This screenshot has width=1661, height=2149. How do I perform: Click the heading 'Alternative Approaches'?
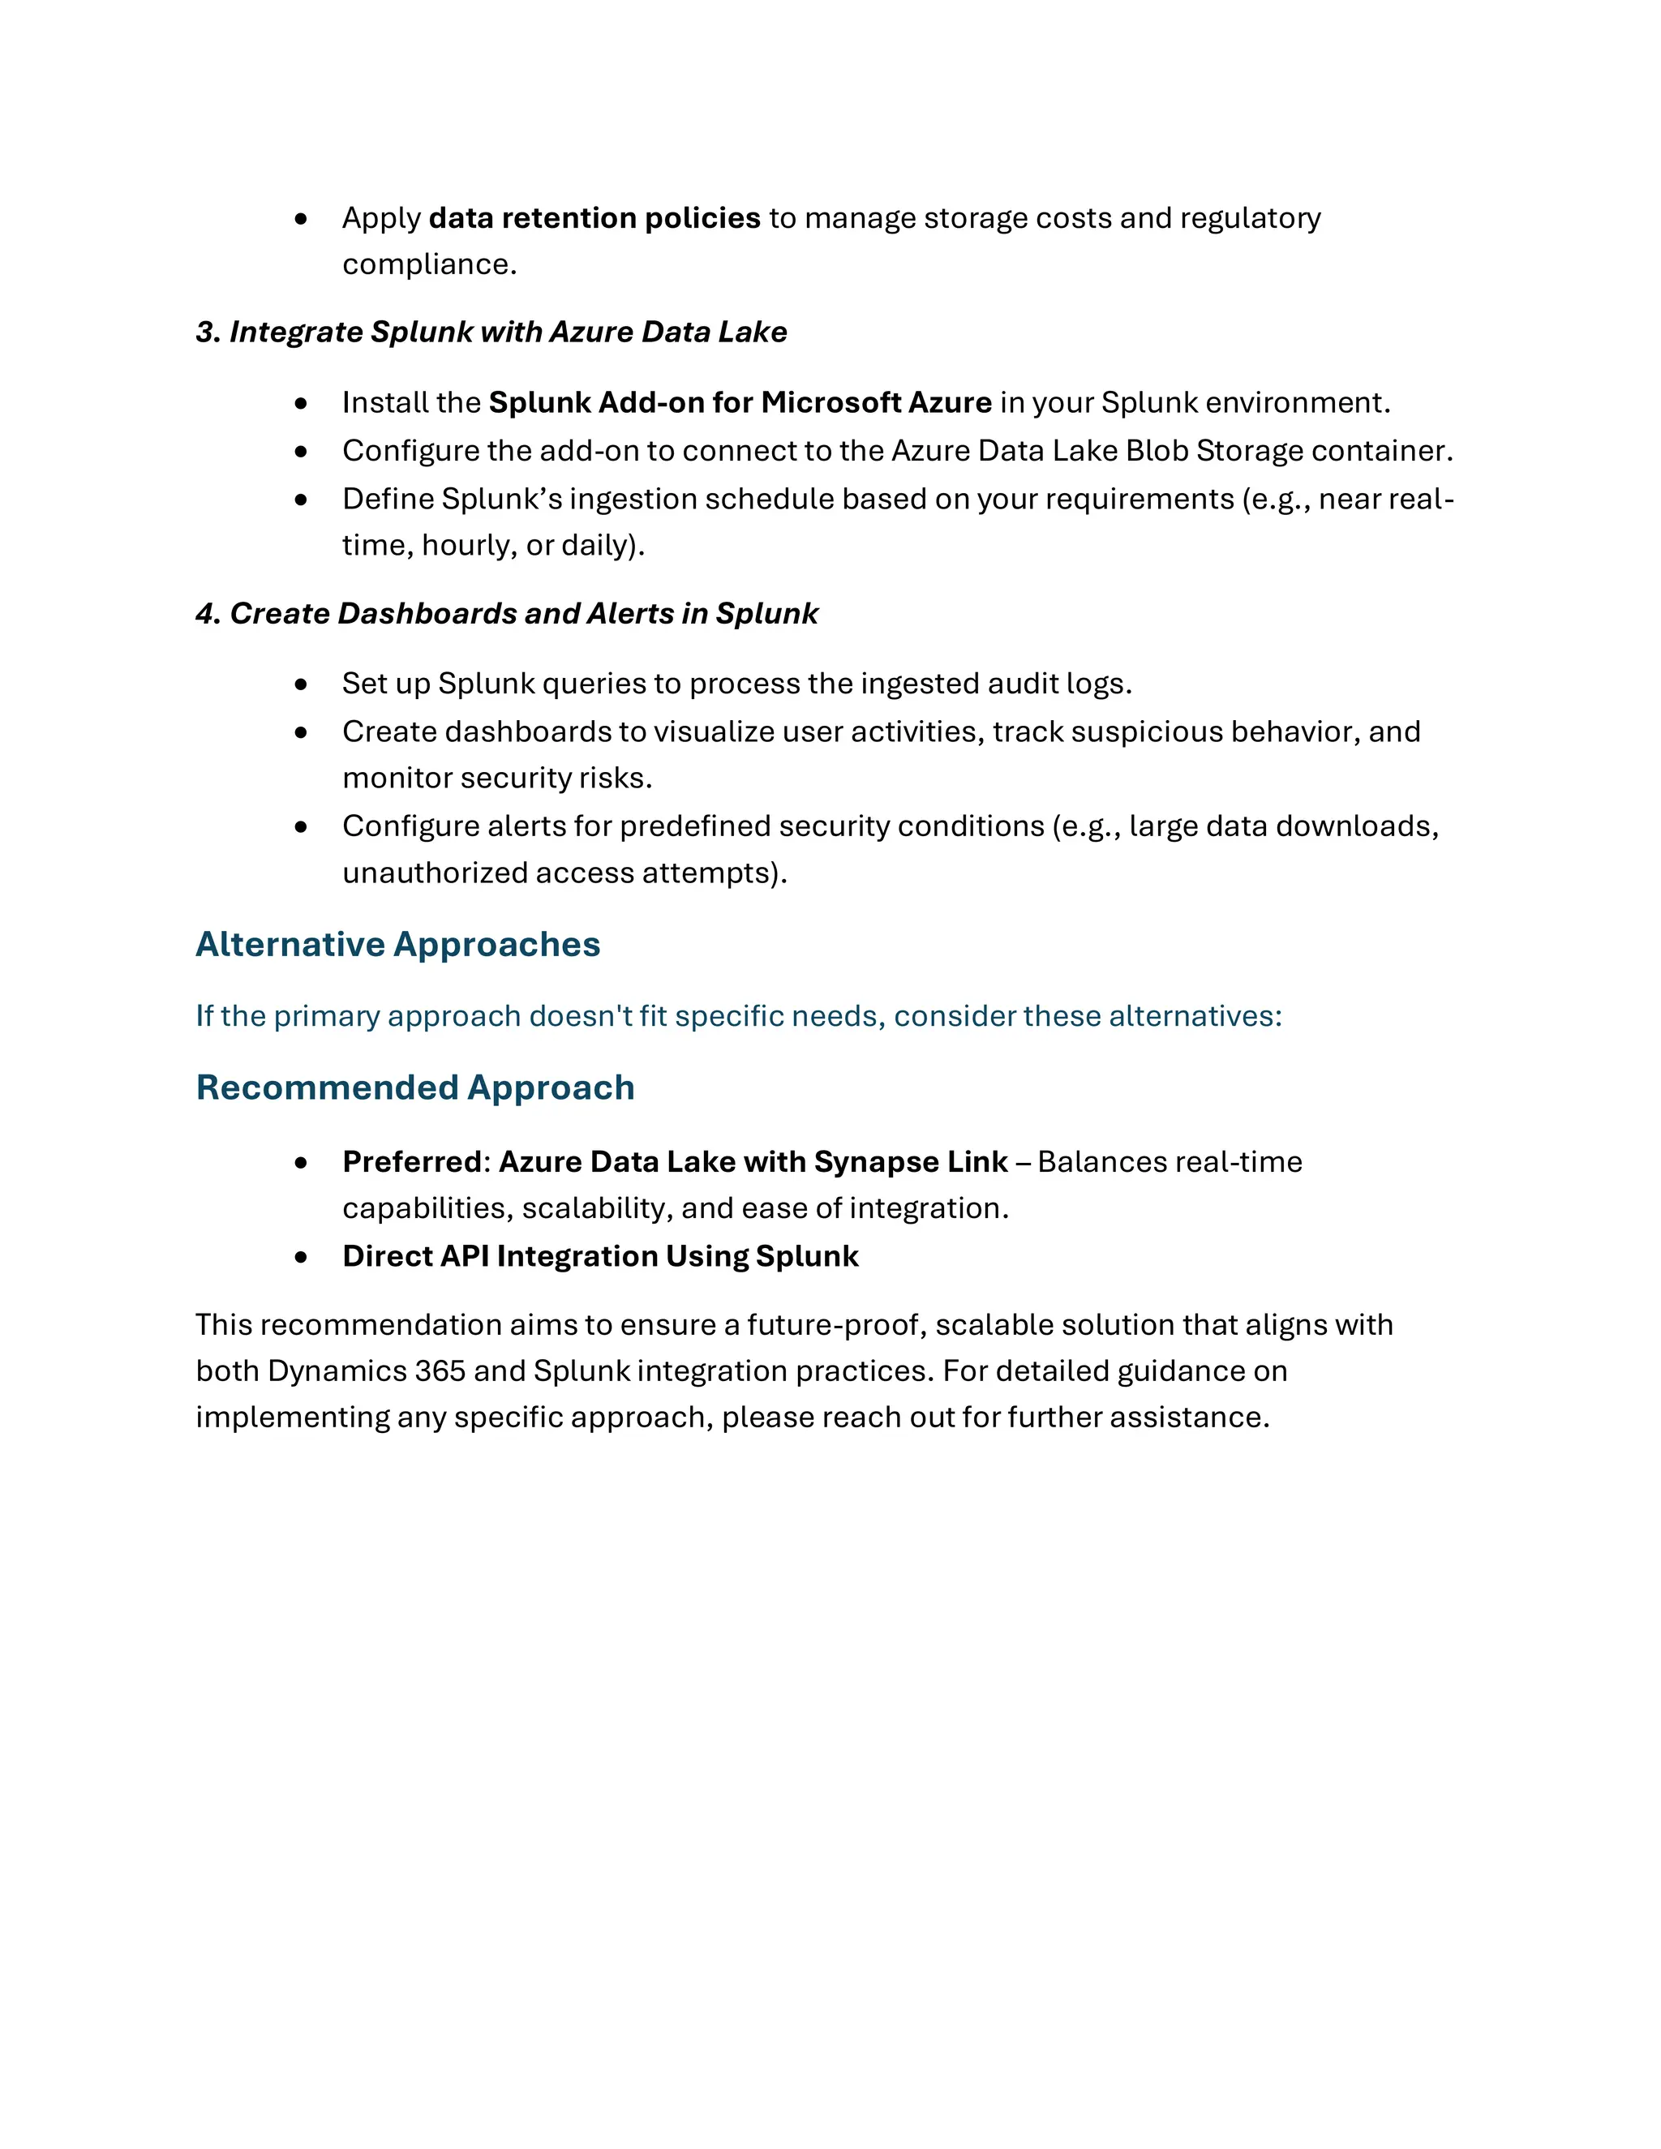397,945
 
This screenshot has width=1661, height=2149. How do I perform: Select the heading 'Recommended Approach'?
414,1088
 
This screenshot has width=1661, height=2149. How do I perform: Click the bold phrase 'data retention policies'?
594,217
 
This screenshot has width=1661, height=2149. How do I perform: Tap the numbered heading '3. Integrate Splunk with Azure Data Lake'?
491,332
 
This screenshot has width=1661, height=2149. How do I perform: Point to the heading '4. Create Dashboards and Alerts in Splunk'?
507,614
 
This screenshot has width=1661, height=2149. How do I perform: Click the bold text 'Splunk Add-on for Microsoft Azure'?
740,402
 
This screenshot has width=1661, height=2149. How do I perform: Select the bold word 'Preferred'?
411,1162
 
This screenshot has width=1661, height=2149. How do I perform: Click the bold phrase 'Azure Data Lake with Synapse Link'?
753,1162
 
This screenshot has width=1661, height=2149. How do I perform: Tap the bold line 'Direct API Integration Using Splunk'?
600,1256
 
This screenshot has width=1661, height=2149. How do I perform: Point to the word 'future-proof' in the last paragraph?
835,1325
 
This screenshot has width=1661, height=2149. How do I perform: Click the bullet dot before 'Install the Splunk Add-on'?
301,403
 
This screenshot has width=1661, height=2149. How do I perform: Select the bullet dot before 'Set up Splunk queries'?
301,684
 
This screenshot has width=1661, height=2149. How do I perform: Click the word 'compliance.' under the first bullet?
429,264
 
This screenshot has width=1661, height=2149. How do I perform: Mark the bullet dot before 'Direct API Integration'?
301,1258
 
